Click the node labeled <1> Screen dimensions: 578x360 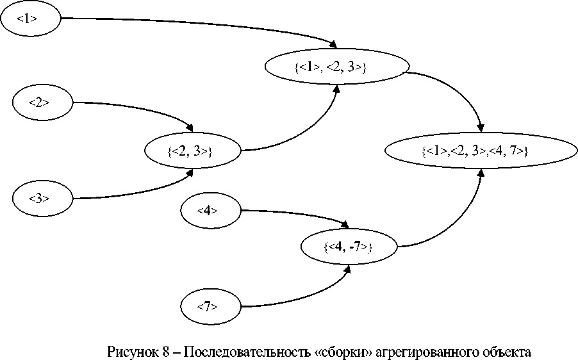(29, 19)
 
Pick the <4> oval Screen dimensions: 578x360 (211, 210)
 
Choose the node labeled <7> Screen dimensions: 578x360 (211, 306)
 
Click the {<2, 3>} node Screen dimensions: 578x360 (192, 152)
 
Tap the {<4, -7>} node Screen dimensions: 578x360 (349, 247)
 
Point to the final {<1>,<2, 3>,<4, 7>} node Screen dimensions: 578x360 (475, 152)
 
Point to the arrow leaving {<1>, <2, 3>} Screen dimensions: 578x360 (455, 90)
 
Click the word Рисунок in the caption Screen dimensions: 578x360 (131, 352)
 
